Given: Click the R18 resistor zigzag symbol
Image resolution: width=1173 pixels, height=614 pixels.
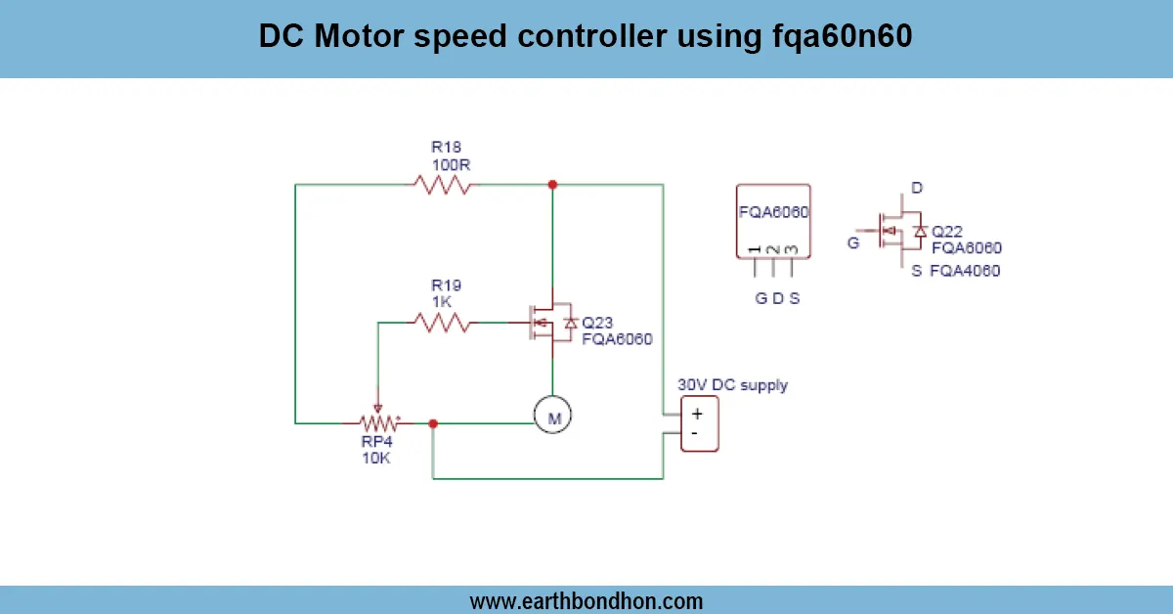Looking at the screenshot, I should pos(442,184).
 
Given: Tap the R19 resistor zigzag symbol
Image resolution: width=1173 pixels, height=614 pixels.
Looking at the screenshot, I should pos(442,321).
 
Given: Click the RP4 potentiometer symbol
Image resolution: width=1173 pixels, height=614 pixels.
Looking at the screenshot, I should pos(379,423).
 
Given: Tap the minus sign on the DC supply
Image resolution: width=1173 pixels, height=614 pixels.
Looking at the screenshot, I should pos(695,432).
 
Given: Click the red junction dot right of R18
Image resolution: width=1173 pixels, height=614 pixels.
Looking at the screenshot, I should pos(552,184).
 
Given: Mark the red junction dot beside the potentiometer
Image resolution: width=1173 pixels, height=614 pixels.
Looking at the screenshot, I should pos(432,423).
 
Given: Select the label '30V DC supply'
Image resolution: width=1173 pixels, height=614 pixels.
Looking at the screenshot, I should pos(733,384).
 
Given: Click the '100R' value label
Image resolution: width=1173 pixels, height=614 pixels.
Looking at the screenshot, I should pos(452,164).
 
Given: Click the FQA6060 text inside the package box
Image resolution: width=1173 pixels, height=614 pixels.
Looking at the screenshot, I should pos(773,212).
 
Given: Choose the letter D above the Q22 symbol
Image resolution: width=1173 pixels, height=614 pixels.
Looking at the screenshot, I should pos(916,187).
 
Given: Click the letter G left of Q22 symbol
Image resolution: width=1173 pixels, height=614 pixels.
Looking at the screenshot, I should pos(853,242).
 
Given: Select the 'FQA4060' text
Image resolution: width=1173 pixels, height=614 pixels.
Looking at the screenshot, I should pos(965,271).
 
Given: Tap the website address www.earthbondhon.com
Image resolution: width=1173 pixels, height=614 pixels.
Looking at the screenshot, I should pos(586,600).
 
